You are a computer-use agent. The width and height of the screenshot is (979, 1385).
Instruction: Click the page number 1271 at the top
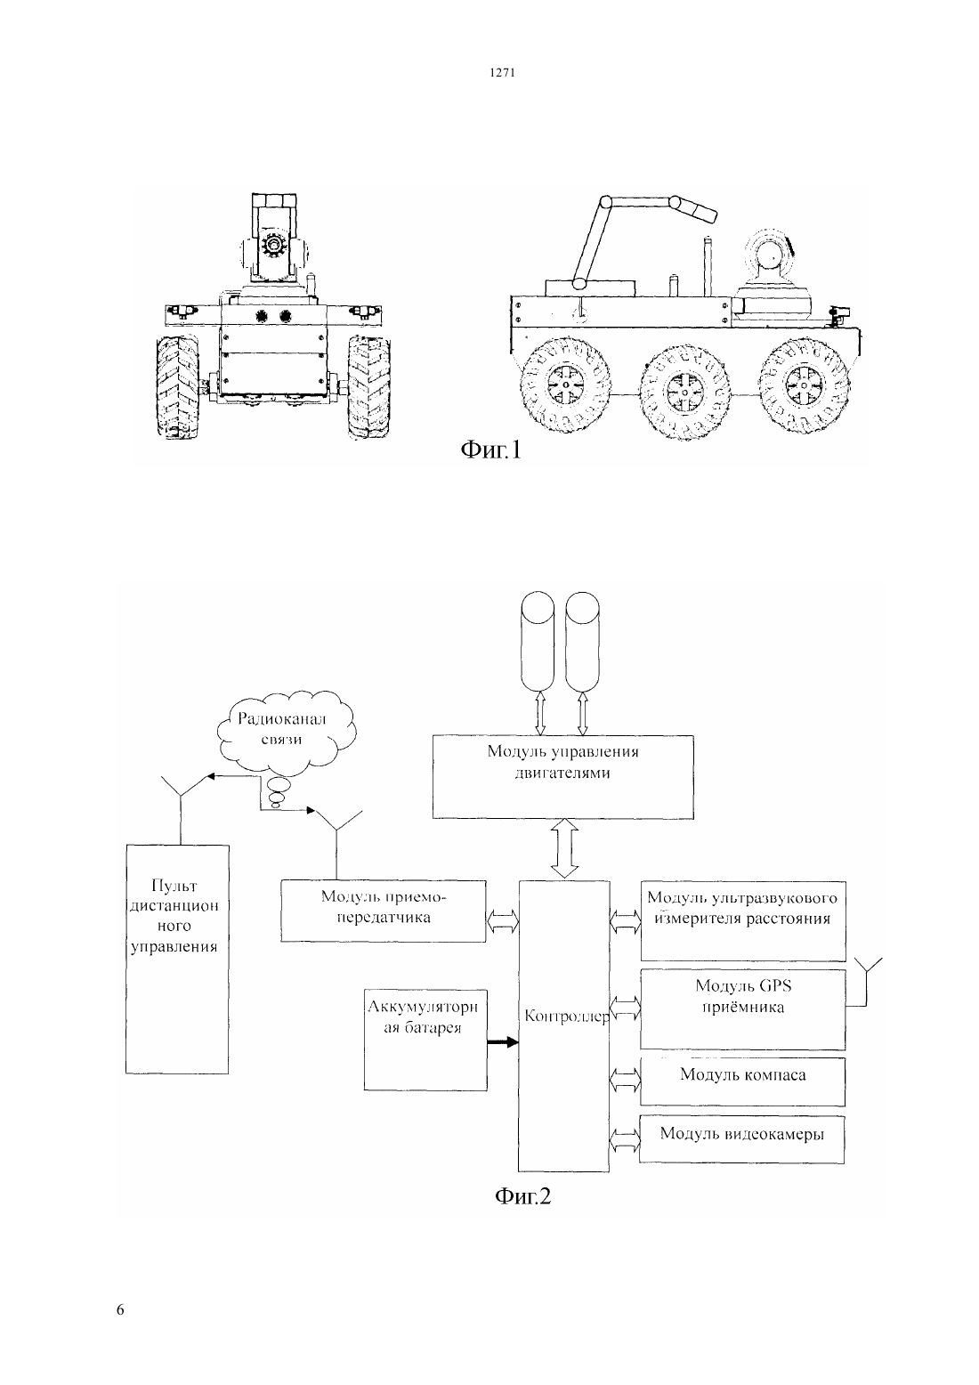point(502,72)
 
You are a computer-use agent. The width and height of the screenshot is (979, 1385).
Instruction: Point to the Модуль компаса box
point(742,1081)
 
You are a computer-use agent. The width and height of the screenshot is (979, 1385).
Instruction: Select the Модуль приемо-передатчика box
point(384,911)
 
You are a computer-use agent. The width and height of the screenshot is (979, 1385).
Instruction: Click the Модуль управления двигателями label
point(562,762)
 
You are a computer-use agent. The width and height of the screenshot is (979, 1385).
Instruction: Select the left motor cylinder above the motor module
point(538,642)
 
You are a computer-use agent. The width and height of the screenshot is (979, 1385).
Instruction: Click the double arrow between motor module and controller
point(564,849)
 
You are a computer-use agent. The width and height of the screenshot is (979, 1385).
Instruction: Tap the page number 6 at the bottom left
point(120,1309)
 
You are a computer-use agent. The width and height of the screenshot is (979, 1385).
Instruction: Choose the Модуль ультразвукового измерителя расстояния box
point(743,920)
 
